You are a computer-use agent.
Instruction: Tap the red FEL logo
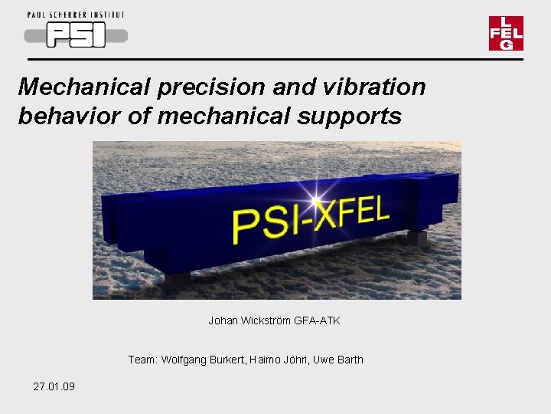pyautogui.click(x=506, y=33)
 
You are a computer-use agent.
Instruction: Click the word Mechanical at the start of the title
pyautogui.click(x=85, y=87)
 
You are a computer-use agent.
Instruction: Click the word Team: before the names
pyautogui.click(x=142, y=360)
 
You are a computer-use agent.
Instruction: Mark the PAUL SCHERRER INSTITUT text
pyautogui.click(x=75, y=15)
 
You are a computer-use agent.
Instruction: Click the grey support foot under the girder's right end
pyautogui.click(x=416, y=237)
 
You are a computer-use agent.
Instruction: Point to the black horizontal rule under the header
pyautogui.click(x=275, y=59)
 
